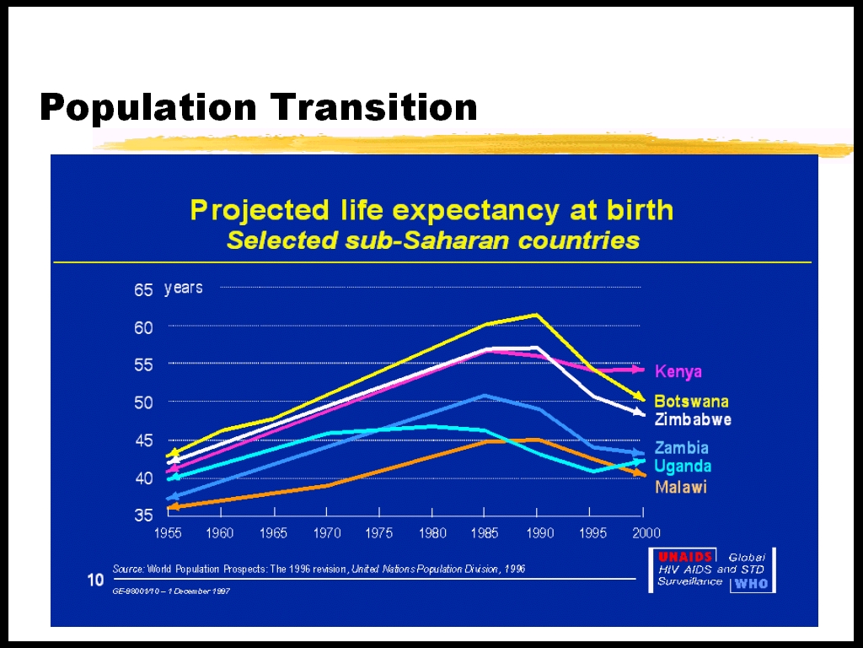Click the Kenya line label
point(678,372)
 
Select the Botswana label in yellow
point(691,402)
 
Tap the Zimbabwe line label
point(693,419)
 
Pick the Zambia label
point(681,448)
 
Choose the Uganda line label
point(683,467)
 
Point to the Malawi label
point(680,487)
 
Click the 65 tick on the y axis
point(143,290)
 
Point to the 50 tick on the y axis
point(143,402)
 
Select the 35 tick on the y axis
point(143,516)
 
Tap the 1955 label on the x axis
point(167,533)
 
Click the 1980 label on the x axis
point(432,533)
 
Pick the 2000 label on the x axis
point(646,533)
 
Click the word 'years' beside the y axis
point(183,289)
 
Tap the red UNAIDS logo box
point(686,557)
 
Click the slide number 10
point(95,580)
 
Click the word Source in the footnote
point(128,570)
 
